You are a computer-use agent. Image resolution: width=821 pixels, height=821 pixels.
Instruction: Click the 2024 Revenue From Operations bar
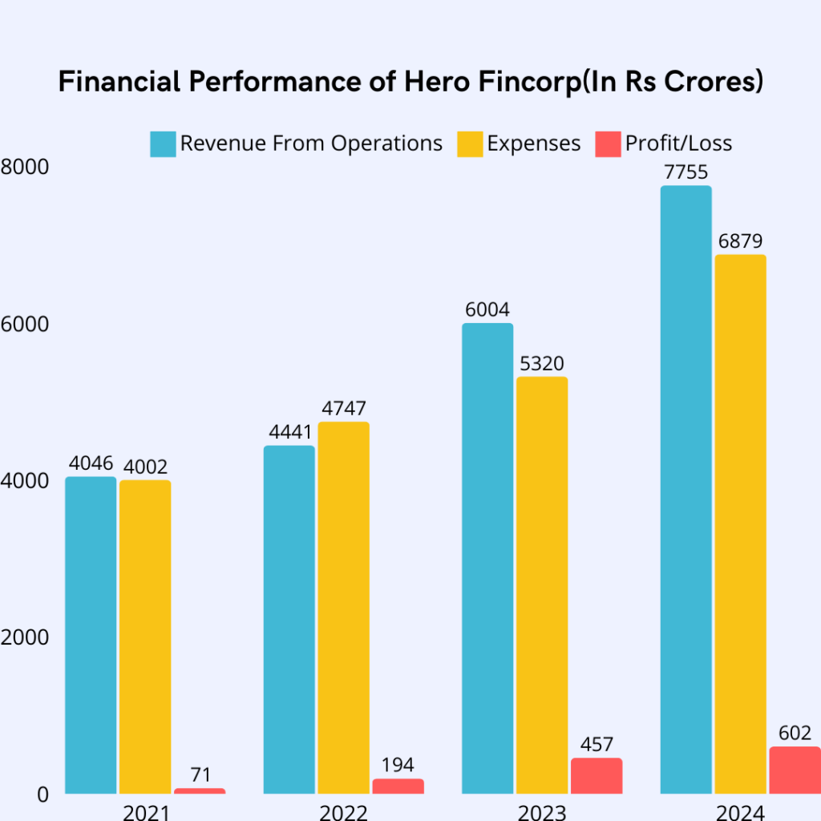point(686,489)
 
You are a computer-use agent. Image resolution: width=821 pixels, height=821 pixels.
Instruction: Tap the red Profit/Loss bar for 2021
point(200,791)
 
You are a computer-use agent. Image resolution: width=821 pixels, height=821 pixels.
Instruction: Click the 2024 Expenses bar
point(740,524)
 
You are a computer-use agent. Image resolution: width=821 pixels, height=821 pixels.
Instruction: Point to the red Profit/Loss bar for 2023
point(597,775)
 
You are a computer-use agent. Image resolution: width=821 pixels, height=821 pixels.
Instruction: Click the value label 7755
point(686,172)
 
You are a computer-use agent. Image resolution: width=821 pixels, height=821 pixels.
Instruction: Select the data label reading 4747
point(343,408)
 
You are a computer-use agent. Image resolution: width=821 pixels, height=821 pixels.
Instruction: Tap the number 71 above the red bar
point(200,774)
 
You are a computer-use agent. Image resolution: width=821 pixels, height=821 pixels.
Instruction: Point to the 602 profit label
point(795,733)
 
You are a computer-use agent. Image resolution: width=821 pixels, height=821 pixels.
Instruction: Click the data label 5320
point(542,363)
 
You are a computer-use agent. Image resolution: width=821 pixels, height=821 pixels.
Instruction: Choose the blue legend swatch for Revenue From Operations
point(163,144)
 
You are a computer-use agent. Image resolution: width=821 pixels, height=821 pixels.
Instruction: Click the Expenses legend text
point(534,144)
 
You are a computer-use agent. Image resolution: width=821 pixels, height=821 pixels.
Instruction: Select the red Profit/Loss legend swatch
point(608,144)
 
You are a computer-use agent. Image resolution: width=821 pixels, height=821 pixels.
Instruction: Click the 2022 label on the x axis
point(343,811)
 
